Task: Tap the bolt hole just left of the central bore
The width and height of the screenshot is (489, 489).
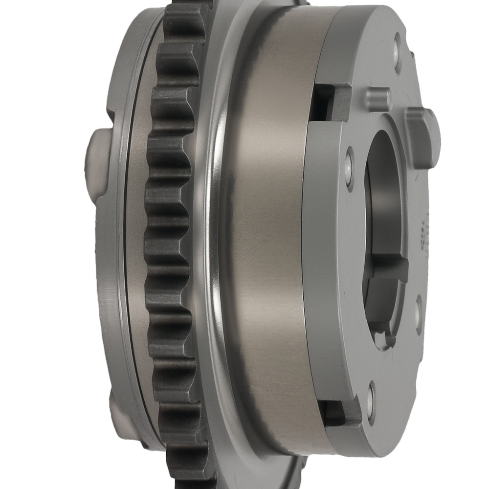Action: tap(349, 168)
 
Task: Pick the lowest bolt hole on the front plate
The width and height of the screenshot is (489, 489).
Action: tap(372, 402)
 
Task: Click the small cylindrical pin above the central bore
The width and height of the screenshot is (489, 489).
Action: tap(378, 99)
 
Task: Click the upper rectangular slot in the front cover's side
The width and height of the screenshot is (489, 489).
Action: tap(330, 103)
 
